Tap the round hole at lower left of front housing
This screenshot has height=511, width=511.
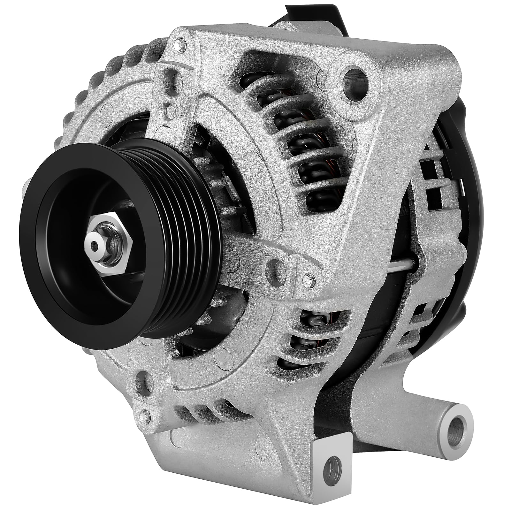pyautogui.click(x=140, y=380)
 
